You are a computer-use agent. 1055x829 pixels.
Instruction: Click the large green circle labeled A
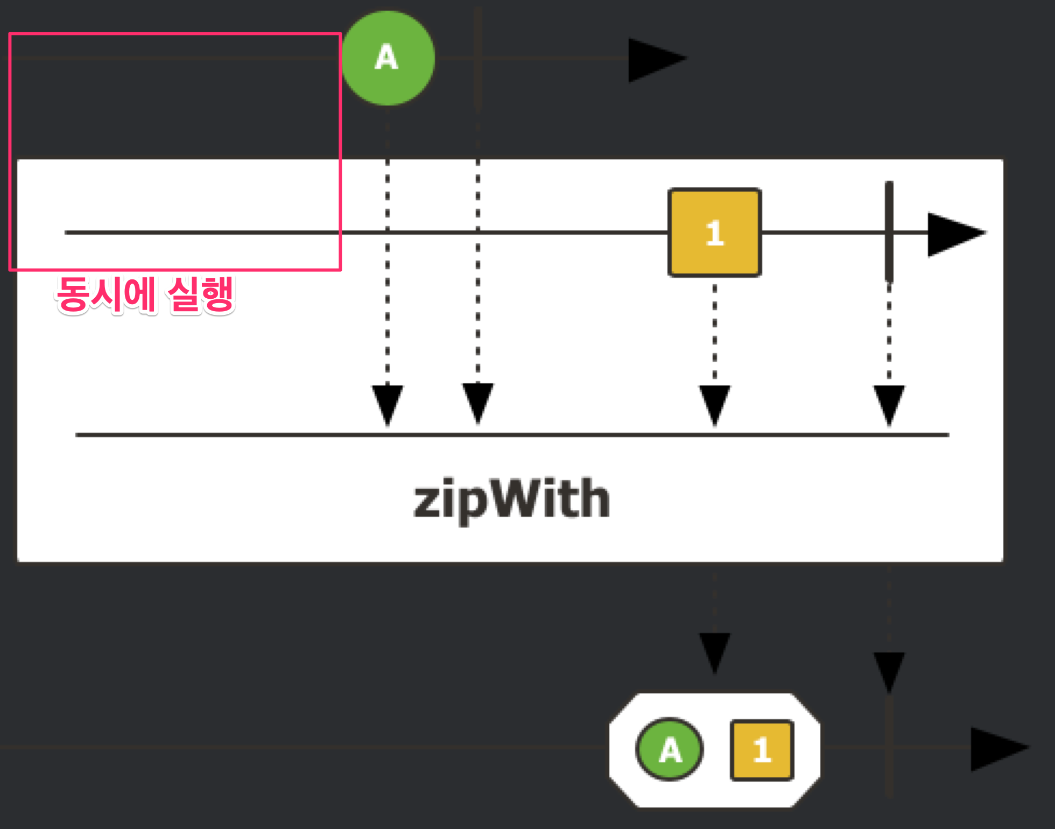point(388,58)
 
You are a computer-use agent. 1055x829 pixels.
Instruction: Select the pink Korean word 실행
point(201,294)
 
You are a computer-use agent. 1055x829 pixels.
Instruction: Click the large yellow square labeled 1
point(714,233)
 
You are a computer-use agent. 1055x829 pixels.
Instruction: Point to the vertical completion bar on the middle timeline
point(889,231)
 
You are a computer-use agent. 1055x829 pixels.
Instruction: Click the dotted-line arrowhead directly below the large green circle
point(388,404)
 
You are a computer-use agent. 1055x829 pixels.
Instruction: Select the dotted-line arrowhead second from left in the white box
point(478,403)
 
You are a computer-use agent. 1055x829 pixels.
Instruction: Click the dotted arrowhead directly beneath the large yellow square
point(714,404)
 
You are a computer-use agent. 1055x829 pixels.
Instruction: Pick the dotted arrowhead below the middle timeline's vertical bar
point(889,404)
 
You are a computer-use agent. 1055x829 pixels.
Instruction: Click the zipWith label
point(511,500)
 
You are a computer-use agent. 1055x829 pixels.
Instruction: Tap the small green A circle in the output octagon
point(670,749)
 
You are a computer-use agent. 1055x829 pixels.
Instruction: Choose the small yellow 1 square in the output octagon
point(762,750)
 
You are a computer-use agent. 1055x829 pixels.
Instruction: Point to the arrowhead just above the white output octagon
point(714,651)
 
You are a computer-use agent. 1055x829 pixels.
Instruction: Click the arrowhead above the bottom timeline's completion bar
point(889,670)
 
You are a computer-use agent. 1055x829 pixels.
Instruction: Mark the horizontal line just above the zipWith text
point(511,434)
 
